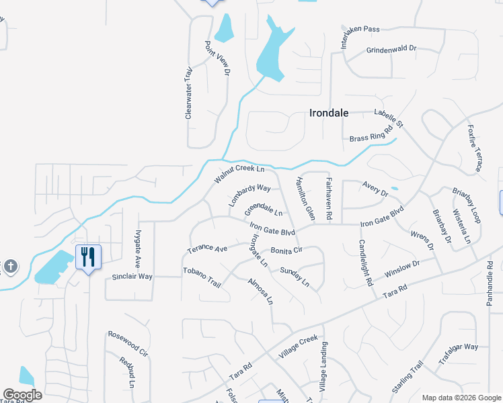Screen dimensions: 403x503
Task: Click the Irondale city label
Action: point(329,113)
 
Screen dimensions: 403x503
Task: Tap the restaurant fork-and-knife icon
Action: point(88,257)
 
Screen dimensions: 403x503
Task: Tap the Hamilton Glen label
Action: point(305,200)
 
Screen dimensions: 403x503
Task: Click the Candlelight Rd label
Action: point(366,263)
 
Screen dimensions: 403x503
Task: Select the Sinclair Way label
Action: point(132,277)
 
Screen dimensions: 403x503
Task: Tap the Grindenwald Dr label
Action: point(391,50)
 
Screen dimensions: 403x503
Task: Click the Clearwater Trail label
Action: point(189,93)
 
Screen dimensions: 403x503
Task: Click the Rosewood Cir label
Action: point(128,342)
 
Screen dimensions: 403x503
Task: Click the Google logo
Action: point(22,395)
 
